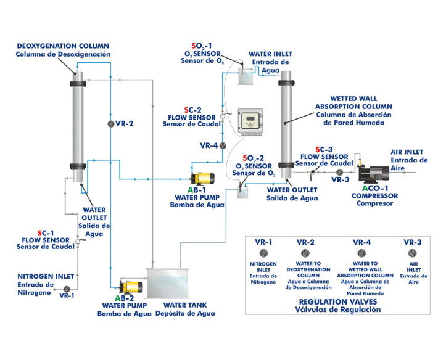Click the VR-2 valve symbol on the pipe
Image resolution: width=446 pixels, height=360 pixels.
coord(110,123)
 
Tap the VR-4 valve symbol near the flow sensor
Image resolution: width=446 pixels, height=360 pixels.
coord(223,145)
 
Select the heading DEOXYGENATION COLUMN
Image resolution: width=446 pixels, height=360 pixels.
coord(64,46)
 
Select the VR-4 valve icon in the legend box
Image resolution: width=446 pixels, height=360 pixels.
coord(361,253)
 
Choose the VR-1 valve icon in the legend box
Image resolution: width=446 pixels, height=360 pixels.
coord(264,253)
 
